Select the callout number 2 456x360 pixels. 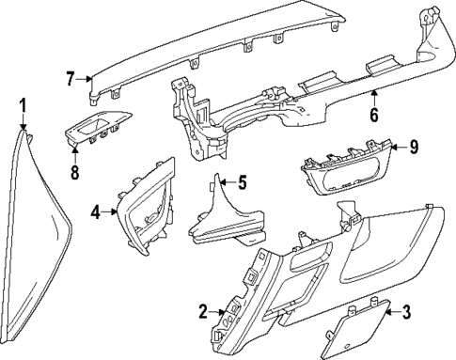click(203, 311)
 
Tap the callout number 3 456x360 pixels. click(406, 312)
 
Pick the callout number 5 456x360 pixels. click(242, 182)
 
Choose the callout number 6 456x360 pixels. click(373, 115)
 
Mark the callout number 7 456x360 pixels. click(69, 79)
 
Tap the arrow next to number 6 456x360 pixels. click(373, 97)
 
